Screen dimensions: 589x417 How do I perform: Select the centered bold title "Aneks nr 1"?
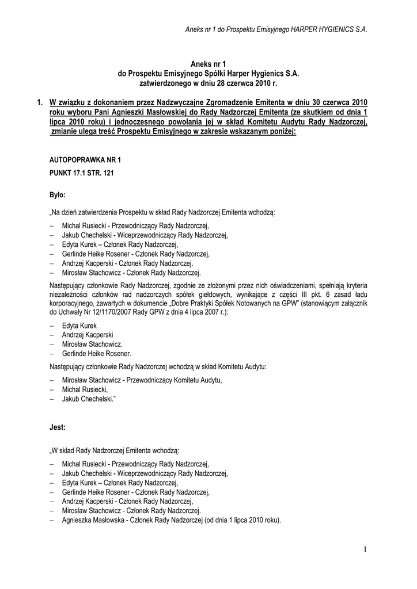click(x=208, y=65)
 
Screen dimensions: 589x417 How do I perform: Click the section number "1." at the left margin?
click(x=39, y=103)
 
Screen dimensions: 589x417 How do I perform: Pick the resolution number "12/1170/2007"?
click(x=117, y=312)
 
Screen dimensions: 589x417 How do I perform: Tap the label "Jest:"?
click(x=57, y=428)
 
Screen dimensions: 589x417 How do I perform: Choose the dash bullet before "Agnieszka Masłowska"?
click(x=53, y=520)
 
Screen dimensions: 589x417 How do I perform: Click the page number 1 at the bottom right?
click(x=365, y=550)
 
